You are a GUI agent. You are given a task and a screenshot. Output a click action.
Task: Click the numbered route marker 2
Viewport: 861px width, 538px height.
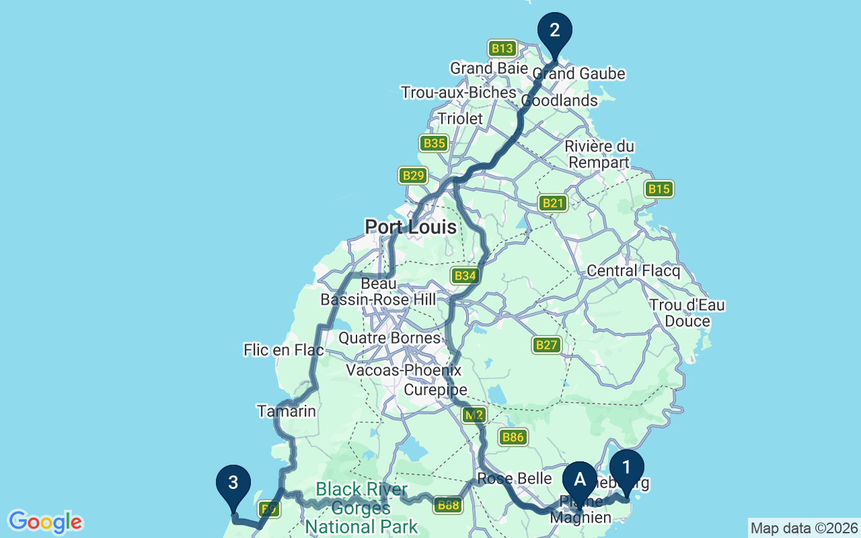pos(555,31)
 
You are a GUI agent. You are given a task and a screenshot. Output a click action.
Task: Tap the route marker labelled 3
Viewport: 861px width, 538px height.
pos(233,483)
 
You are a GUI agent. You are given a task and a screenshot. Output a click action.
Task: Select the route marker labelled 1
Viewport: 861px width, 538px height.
pos(627,467)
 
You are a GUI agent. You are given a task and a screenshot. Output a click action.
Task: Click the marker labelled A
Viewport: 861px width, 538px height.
pos(580,479)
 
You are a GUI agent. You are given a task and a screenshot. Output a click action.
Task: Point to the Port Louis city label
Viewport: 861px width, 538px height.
pos(410,227)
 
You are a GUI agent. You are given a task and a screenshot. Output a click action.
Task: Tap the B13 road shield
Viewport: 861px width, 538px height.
pos(502,48)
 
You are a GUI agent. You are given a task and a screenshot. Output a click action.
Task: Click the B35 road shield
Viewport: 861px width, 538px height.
pos(434,143)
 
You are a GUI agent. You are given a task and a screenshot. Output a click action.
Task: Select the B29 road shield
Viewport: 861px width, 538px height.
pos(413,176)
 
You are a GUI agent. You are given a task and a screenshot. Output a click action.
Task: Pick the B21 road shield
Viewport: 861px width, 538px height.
pos(553,203)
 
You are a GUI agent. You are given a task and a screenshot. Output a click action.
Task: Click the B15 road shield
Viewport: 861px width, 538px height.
pos(659,189)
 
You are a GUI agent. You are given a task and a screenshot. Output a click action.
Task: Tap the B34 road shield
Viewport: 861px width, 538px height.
pos(465,275)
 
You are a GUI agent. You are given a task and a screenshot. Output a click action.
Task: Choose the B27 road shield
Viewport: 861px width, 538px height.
pos(547,345)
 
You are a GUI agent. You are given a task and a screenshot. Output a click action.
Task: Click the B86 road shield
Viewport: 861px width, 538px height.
pos(513,438)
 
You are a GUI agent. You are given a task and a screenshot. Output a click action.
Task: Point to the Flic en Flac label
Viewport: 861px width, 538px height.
pos(283,350)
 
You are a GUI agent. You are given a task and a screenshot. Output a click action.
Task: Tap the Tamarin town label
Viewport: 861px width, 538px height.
pos(287,411)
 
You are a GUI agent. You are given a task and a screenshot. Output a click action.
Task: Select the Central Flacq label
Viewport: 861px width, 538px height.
pos(633,271)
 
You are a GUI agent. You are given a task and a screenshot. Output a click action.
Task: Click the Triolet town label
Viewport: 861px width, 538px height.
pos(460,118)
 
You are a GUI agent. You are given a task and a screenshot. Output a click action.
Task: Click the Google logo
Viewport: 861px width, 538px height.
pos(45,522)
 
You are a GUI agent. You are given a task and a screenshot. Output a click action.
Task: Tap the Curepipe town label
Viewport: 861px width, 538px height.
pos(435,390)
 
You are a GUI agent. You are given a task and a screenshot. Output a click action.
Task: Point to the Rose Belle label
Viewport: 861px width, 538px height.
pos(514,479)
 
